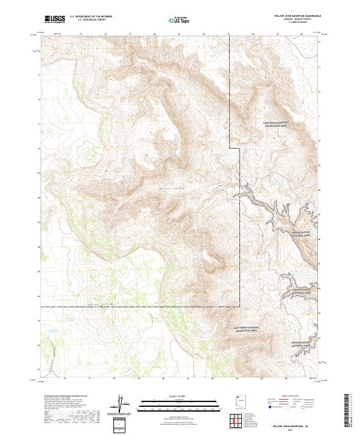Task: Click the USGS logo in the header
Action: click(x=55, y=19)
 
